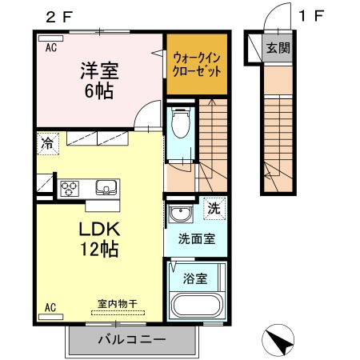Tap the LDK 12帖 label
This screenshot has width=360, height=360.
click(98, 238)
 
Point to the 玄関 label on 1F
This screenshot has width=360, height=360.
click(278, 48)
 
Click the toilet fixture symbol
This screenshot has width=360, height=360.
click(179, 123)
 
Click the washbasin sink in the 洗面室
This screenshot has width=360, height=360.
click(180, 214)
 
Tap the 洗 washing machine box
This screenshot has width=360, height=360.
click(214, 207)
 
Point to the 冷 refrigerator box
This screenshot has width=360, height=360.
click(48, 146)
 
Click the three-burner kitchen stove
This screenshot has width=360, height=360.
click(68, 189)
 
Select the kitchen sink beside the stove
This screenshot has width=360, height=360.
click(106, 188)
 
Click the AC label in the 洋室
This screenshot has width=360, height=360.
click(50, 47)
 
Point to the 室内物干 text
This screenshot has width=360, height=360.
click(118, 303)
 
